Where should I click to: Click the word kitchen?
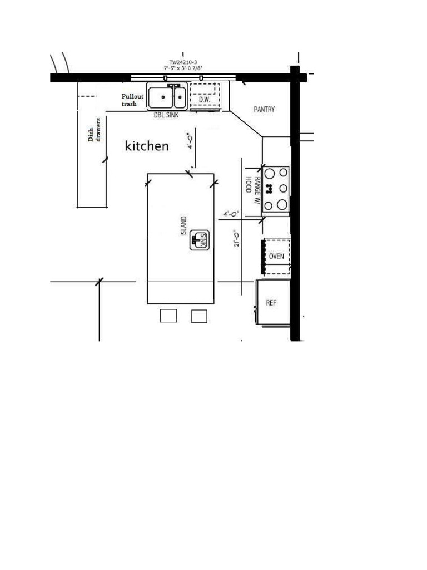click(x=147, y=146)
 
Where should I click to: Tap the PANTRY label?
click(x=264, y=110)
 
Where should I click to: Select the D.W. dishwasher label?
click(x=204, y=99)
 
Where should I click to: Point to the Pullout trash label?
click(x=132, y=100)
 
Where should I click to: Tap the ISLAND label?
click(x=184, y=226)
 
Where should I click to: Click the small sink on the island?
click(x=199, y=240)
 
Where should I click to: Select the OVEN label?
click(x=276, y=257)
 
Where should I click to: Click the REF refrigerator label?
click(x=271, y=303)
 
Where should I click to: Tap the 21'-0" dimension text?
click(x=237, y=239)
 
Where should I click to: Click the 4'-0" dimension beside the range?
click(x=231, y=213)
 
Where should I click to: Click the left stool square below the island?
click(x=168, y=316)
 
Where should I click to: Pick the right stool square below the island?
click(x=199, y=316)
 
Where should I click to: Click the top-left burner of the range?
click(x=269, y=173)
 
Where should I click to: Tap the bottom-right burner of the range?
click(x=282, y=205)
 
